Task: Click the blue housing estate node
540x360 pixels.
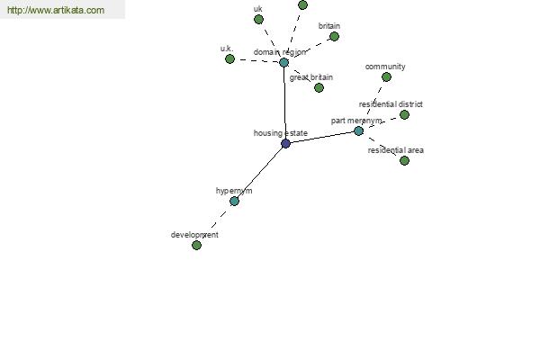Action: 285,144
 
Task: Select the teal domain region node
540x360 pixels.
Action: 283,62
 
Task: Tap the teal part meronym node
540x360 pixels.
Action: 358,130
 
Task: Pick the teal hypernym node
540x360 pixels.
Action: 234,202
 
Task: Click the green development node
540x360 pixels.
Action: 196,246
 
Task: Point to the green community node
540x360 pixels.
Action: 386,76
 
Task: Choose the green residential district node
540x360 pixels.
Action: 404,114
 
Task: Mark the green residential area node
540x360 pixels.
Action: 404,160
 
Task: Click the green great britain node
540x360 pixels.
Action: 319,88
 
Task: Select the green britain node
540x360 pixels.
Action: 334,36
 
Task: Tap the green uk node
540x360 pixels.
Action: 258,19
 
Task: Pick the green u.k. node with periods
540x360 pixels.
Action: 229,58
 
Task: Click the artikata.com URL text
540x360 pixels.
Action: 56,10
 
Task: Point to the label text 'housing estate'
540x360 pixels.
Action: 280,133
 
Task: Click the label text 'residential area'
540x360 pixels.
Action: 396,150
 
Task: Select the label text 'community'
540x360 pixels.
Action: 385,67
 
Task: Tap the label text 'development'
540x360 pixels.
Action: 194,235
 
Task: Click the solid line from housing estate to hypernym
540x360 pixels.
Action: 260,172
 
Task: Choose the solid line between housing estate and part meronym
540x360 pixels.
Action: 322,137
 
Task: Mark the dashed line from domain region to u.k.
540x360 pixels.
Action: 256,60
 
